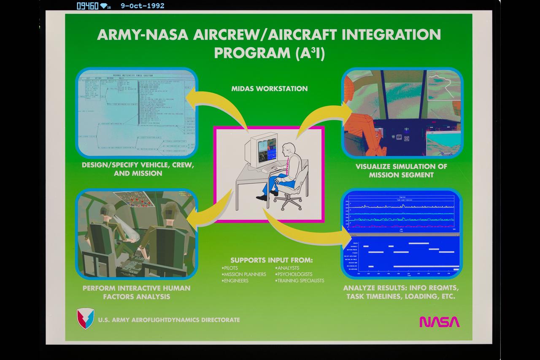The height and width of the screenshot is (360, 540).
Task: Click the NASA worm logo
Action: click(x=439, y=322)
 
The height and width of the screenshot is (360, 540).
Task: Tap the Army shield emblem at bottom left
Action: click(x=85, y=319)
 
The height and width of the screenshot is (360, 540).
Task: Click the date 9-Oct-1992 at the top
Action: click(x=142, y=6)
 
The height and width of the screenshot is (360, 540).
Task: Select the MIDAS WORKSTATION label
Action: click(x=270, y=89)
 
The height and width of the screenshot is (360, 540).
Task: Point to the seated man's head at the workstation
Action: click(x=289, y=148)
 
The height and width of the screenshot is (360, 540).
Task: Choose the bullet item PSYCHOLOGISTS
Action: click(x=294, y=274)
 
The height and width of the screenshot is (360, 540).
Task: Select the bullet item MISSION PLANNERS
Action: click(x=245, y=274)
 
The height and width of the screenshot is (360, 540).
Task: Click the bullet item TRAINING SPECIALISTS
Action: click(x=300, y=281)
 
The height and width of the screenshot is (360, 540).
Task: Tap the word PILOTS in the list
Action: click(x=230, y=268)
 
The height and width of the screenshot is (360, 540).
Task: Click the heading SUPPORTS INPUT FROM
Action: click(x=272, y=260)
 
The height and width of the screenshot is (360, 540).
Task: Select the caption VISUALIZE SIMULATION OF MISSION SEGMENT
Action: click(x=401, y=171)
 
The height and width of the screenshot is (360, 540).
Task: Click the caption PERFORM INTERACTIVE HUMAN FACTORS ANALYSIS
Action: click(x=136, y=292)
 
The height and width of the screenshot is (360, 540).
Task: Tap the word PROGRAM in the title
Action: click(x=247, y=53)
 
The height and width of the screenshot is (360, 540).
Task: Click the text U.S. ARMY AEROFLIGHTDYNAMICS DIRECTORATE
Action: click(x=169, y=320)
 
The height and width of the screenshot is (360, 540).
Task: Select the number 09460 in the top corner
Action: click(x=87, y=6)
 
